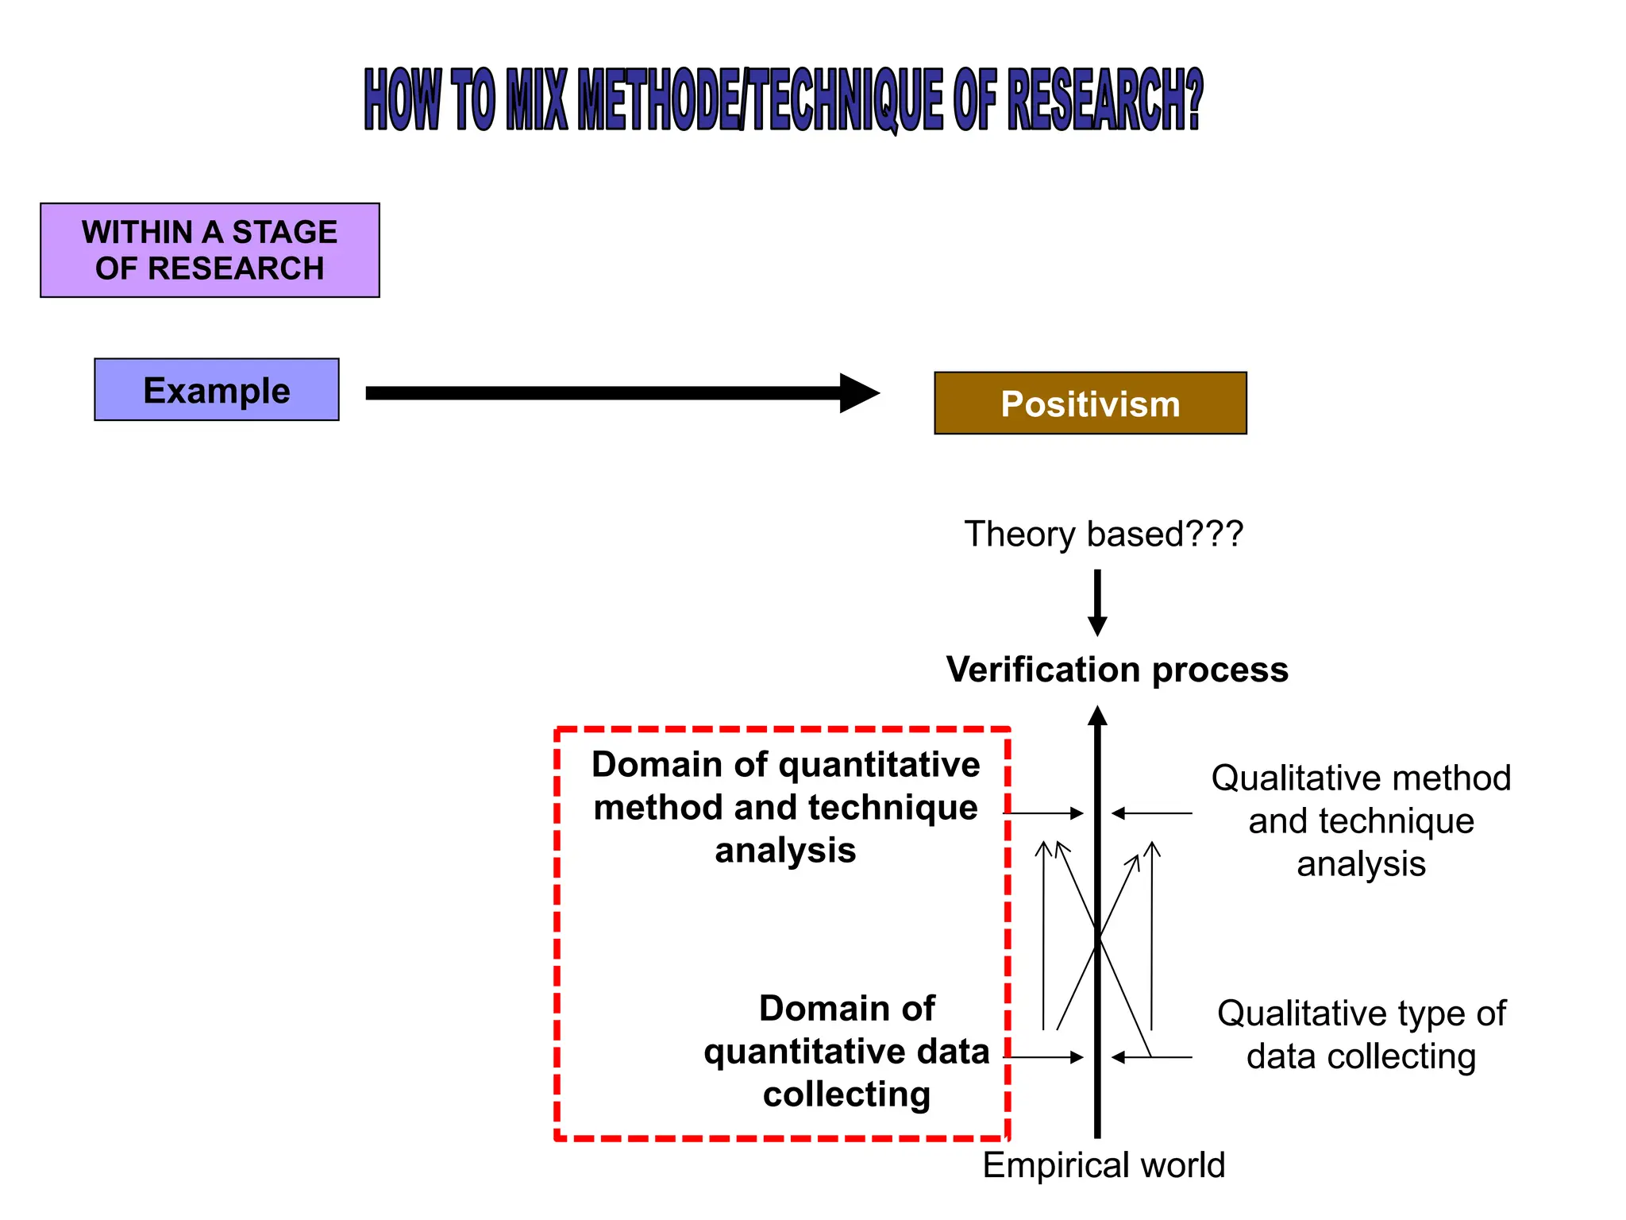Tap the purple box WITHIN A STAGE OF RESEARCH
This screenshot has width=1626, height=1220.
[x=210, y=250]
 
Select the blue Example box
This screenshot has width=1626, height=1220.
[x=216, y=390]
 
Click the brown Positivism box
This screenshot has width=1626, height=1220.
[x=1090, y=403]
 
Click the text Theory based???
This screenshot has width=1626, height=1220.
[x=1103, y=534]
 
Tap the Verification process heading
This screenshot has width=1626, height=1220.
[x=1116, y=670]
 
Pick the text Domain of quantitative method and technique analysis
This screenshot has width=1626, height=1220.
[x=785, y=807]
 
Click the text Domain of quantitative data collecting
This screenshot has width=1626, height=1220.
[x=846, y=1051]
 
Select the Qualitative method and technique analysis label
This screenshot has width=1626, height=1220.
[x=1361, y=820]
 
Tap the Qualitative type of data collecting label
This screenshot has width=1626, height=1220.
[x=1361, y=1035]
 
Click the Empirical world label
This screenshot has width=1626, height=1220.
[x=1104, y=1165]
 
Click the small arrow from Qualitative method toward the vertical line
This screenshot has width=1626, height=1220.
[x=1151, y=813]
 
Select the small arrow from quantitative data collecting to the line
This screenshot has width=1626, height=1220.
[x=1046, y=1057]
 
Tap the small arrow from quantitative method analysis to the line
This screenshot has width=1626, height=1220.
[x=1046, y=813]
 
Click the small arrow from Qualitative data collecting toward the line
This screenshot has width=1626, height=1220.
[x=1151, y=1057]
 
